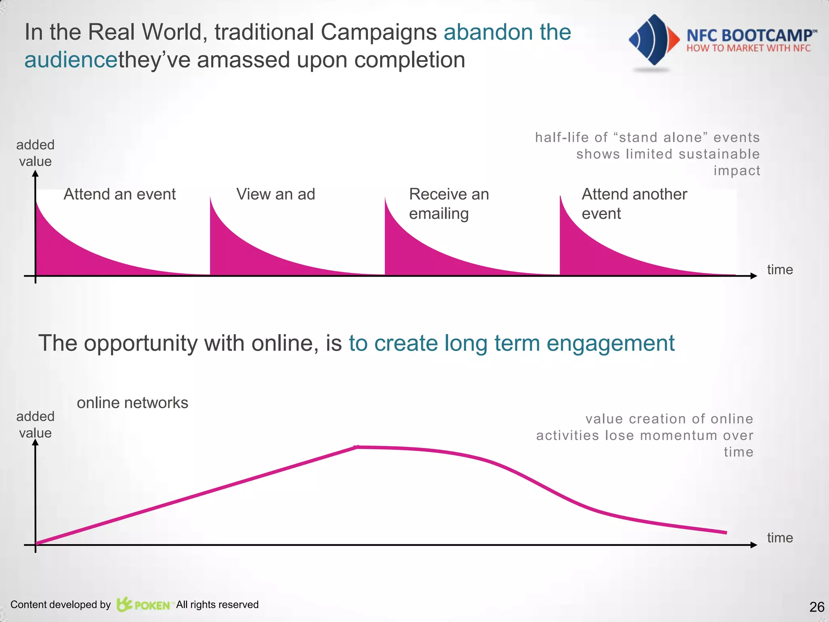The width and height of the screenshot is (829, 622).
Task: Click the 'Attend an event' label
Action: (x=119, y=194)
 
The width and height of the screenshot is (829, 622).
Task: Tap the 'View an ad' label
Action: (x=275, y=194)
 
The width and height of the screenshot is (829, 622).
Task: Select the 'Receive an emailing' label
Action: (x=449, y=204)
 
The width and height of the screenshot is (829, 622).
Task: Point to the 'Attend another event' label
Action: (x=634, y=204)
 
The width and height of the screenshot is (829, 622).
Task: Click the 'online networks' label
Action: (x=132, y=403)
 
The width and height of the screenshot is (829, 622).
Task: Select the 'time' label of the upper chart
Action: (x=780, y=270)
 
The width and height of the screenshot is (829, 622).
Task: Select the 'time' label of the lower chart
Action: (x=780, y=538)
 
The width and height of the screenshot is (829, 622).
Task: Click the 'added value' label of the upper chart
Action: (x=35, y=153)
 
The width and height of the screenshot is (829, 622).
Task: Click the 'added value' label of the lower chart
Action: (x=35, y=424)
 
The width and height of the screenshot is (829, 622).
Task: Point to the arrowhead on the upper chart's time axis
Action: (x=753, y=276)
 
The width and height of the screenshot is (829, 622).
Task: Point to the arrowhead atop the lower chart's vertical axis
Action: (x=36, y=443)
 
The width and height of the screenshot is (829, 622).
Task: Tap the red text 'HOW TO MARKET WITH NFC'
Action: (x=748, y=48)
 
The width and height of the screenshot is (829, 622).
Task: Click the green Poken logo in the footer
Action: (x=144, y=605)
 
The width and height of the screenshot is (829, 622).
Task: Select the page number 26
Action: (x=816, y=607)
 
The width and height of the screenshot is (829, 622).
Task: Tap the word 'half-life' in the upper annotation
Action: (x=562, y=138)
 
